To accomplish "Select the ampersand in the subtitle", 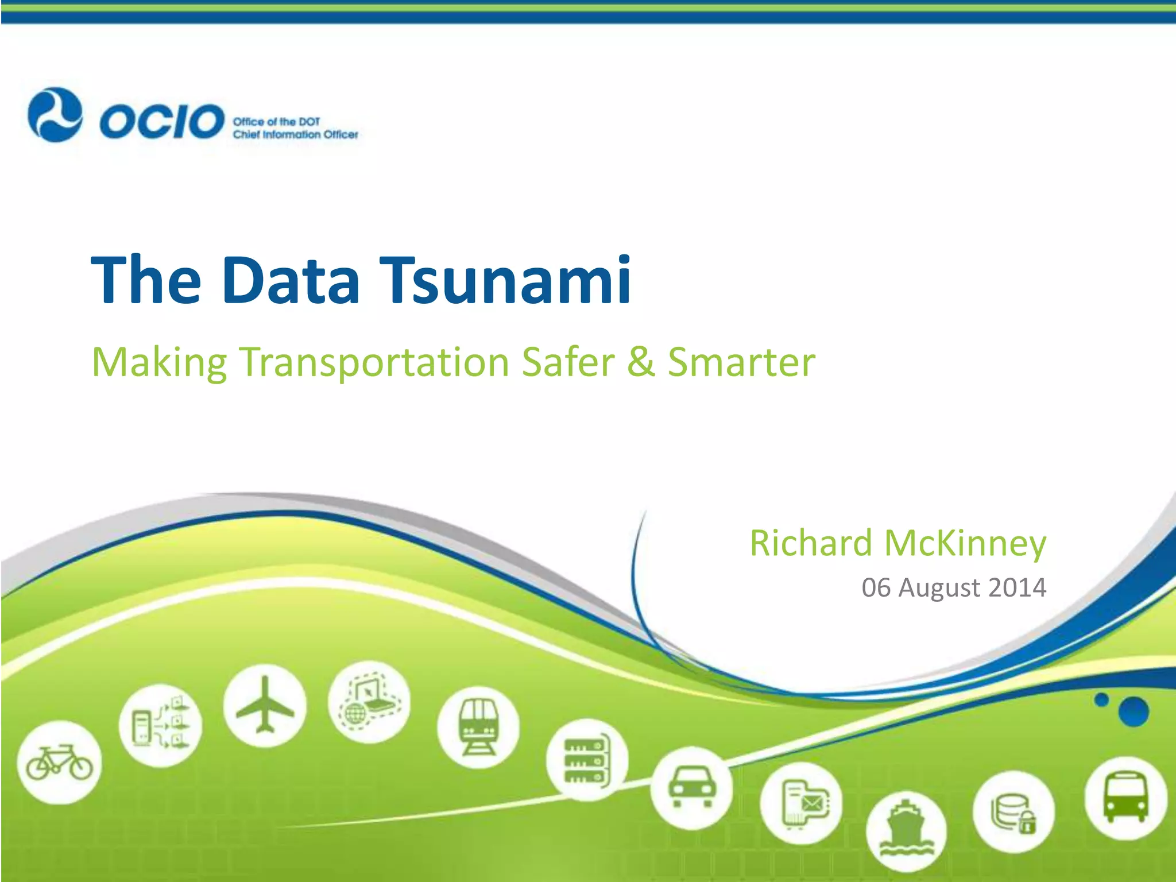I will coord(641,362).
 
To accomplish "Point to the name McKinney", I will coord(965,543).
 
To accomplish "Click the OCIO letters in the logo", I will coord(161,122).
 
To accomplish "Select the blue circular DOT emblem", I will coord(55,115).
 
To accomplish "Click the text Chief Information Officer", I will coord(295,135).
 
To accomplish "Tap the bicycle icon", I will coord(59,762).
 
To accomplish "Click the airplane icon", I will coord(265,705).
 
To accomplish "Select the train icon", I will coord(478,727).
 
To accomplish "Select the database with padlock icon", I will coord(1013,813).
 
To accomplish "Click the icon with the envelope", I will coord(802,803).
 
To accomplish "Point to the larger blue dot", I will coord(1134,712).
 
